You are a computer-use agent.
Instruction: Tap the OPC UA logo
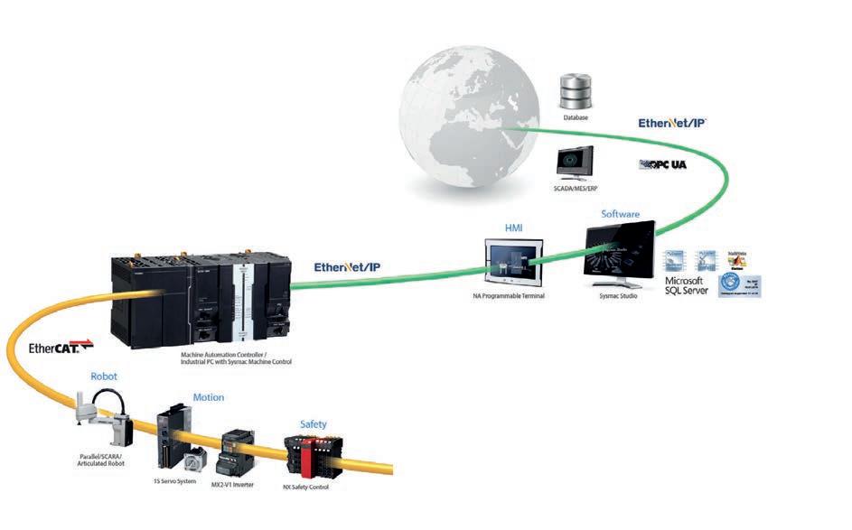[x=666, y=164]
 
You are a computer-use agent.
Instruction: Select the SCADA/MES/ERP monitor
[x=574, y=165]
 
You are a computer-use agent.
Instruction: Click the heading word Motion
[x=208, y=397]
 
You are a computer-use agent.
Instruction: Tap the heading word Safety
[x=313, y=423]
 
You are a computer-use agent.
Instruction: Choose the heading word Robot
[x=104, y=376]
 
